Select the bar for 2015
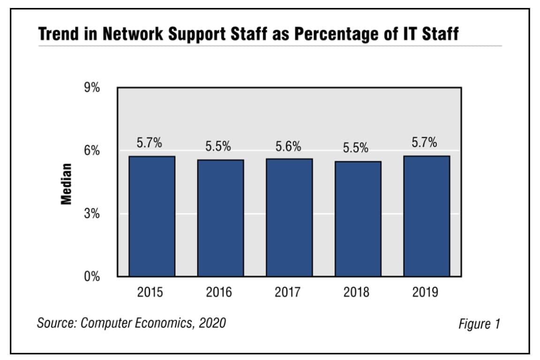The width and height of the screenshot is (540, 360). pos(152,216)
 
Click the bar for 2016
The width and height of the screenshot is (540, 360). pos(220,218)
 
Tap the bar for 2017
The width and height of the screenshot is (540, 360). pos(289,217)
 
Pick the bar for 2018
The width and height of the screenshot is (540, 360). pos(358,218)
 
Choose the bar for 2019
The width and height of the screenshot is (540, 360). pos(427,216)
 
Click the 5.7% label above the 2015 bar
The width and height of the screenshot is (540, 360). pos(149,143)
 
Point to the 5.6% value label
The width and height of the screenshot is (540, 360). pos(288,147)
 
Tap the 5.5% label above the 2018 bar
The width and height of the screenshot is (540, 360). pos(355,148)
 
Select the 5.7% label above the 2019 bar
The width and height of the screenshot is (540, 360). pos(424,143)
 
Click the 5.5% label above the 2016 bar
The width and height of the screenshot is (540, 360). pos(218,146)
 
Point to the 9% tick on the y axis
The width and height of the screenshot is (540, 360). pos(92,88)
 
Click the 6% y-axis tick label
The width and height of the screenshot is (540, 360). pos(92,150)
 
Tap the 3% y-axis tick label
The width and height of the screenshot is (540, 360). pos(92,213)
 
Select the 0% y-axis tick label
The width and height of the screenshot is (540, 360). pos(92,277)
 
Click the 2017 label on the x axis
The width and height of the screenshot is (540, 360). pos(288,293)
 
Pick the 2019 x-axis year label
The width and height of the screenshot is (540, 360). pos(425,293)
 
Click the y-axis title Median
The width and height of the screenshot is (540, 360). pos(67,184)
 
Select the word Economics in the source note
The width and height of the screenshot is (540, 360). pos(160,323)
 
